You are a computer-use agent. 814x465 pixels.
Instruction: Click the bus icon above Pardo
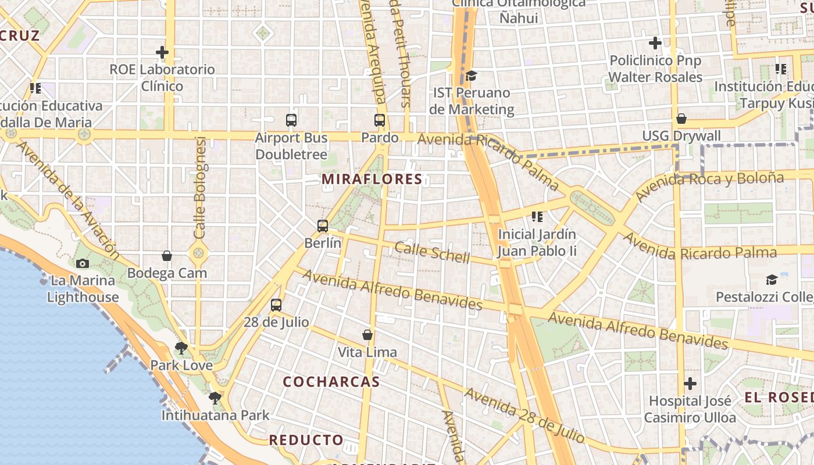pyautogui.click(x=380, y=120)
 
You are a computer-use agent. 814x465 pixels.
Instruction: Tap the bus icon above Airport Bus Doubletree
pyautogui.click(x=291, y=120)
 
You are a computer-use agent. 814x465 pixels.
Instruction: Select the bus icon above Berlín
pyautogui.click(x=323, y=226)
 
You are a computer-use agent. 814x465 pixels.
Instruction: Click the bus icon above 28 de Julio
pyautogui.click(x=276, y=305)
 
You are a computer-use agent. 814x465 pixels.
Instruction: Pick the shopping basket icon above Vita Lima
pyautogui.click(x=367, y=335)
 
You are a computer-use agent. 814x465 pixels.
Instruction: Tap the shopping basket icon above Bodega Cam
pyautogui.click(x=167, y=256)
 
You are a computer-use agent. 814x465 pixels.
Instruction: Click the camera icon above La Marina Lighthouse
pyautogui.click(x=83, y=263)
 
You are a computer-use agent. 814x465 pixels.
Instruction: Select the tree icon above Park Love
pyautogui.click(x=181, y=348)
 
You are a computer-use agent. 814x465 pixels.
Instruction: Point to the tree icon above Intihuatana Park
pyautogui.click(x=215, y=398)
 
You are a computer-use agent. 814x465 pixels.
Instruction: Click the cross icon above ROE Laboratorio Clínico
pyautogui.click(x=162, y=52)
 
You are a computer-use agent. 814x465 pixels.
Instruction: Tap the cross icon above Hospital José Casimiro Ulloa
pyautogui.click(x=690, y=384)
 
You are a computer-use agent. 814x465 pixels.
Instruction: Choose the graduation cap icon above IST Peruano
pyautogui.click(x=471, y=76)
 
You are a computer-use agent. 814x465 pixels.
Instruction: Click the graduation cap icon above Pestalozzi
pyautogui.click(x=772, y=280)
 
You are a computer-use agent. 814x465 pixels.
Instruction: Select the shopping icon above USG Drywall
pyautogui.click(x=681, y=119)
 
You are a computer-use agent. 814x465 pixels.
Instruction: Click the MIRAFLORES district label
pyautogui.click(x=372, y=179)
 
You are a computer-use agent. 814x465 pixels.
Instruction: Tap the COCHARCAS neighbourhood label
pyautogui.click(x=331, y=382)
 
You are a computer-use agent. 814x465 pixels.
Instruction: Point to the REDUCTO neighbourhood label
pyautogui.click(x=306, y=440)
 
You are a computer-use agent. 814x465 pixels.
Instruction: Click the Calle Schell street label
pyautogui.click(x=432, y=253)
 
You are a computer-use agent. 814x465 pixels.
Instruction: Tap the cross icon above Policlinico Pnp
pyautogui.click(x=655, y=43)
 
